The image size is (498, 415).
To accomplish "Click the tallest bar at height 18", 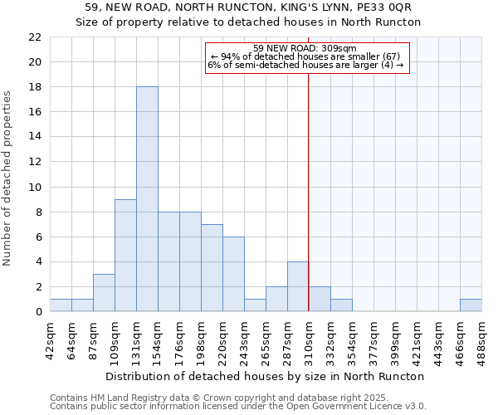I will click(147, 199).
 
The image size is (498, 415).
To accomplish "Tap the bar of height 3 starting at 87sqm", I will click(104, 293).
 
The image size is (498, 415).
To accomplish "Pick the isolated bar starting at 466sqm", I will click(471, 305).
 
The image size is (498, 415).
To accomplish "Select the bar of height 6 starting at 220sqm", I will click(233, 274).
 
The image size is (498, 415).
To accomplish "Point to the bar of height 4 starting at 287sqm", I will click(298, 286).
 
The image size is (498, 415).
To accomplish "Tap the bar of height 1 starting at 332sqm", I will click(341, 305).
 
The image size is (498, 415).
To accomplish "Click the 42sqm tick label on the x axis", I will click(51, 338).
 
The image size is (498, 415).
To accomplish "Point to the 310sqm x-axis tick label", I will click(309, 338).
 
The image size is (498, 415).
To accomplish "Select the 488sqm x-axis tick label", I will click(481, 338).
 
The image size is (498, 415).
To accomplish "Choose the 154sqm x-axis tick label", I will click(159, 338).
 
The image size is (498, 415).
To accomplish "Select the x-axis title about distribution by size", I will click(266, 377).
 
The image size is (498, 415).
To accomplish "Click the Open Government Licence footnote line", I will click(238, 407).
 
